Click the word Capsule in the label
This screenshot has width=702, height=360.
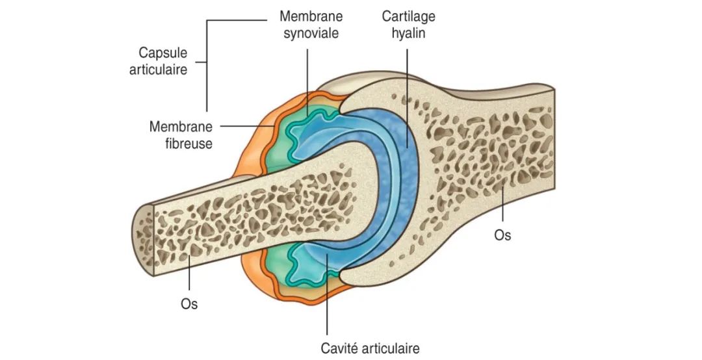coord(162,53)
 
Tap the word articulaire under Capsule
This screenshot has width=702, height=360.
coord(158,70)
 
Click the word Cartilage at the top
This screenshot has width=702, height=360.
coord(408,16)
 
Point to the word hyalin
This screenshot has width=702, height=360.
coord(408,33)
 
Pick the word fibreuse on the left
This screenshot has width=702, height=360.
coord(188,143)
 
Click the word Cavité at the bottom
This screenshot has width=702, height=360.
coord(339,348)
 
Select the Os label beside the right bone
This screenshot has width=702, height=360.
coord(502,235)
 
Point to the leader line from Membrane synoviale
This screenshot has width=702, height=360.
coord(307,83)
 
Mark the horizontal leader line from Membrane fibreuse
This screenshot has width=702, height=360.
coord(247,126)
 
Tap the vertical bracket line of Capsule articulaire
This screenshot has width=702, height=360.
coord(207,66)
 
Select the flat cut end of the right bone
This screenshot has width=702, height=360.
coord(554,140)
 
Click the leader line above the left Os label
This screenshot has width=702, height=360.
coord(189,273)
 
